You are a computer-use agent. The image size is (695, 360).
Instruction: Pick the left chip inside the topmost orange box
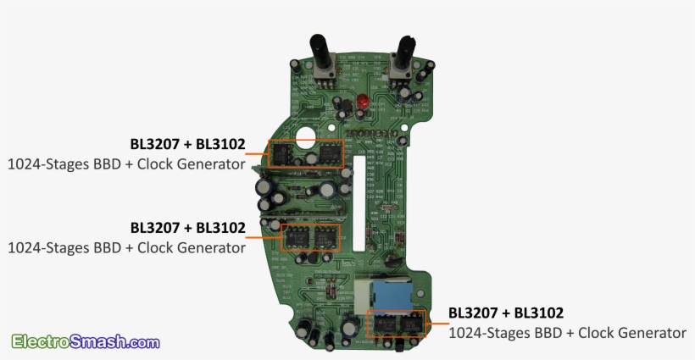pyautogui.click(x=281, y=154)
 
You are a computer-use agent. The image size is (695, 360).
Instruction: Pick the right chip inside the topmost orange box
pyautogui.click(x=326, y=153)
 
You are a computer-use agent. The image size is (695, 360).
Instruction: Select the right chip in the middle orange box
pyautogui.click(x=325, y=237)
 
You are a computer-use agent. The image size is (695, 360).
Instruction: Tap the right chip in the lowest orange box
pyautogui.click(x=413, y=324)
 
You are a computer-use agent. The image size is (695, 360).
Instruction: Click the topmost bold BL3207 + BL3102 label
pyautogui.click(x=187, y=145)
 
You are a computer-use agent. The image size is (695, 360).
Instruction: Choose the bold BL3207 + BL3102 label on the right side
pyautogui.click(x=506, y=313)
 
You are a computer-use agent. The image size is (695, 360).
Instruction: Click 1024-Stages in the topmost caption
pyautogui.click(x=43, y=163)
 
